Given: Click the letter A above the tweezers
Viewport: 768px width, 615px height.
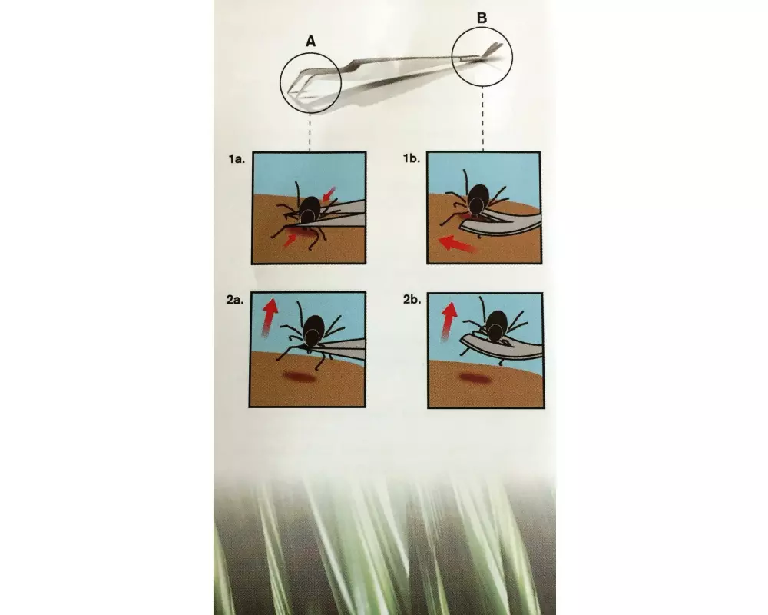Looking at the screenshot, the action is click(x=310, y=42).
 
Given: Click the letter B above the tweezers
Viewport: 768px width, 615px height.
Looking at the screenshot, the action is click(x=482, y=18).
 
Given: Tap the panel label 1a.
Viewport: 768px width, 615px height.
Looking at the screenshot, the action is click(x=236, y=159).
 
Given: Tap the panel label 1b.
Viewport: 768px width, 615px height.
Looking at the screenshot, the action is click(x=412, y=158).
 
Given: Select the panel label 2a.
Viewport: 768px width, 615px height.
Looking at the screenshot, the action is click(x=235, y=300).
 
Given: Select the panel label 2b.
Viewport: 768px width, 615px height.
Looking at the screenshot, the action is click(x=412, y=299).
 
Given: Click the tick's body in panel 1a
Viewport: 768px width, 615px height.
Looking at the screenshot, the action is click(x=310, y=210).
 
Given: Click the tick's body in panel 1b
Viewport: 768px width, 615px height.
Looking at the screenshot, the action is click(x=478, y=200).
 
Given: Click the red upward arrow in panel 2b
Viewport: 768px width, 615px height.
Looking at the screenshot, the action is click(x=449, y=321).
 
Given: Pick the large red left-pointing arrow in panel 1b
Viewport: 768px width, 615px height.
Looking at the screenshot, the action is click(x=458, y=243).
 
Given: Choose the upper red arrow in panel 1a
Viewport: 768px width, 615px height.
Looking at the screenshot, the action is click(x=329, y=194).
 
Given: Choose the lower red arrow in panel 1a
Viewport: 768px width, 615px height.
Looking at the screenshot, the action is click(x=290, y=239).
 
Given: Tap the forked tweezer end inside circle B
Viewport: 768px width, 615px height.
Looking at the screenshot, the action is click(x=491, y=51).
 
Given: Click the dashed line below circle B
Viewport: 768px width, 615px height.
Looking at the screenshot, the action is click(x=483, y=118).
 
